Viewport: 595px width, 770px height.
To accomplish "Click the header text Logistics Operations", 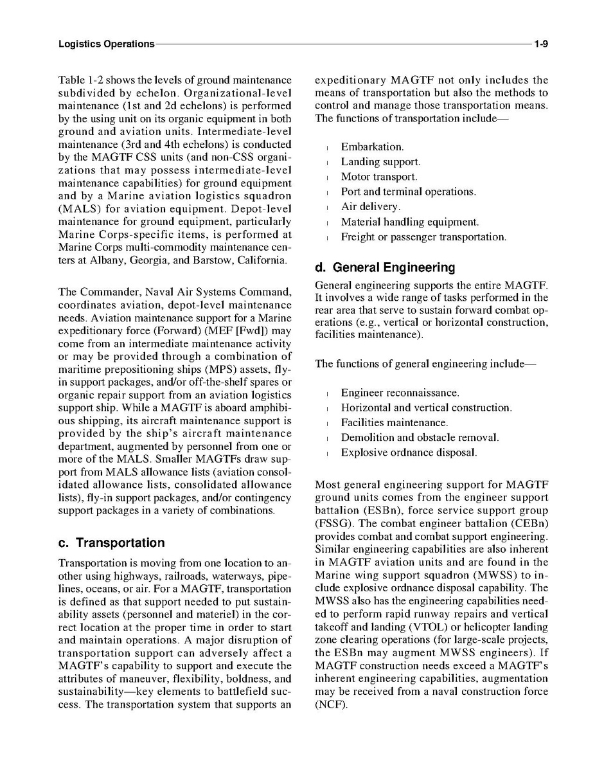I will click(106, 44).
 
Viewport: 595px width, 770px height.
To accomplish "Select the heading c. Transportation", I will click(111, 542).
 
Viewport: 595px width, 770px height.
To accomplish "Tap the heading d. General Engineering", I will click(385, 267).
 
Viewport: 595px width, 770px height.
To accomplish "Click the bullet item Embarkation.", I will click(372, 148).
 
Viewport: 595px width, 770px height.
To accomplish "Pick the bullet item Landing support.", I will click(380, 163).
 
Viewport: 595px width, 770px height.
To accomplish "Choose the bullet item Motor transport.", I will click(379, 177).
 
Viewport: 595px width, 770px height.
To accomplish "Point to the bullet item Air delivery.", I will click(371, 207).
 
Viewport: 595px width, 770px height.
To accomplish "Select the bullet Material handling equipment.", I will click(410, 222).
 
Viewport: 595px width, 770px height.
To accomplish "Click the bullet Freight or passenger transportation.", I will click(423, 237).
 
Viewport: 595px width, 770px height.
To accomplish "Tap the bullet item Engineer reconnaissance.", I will click(400, 393).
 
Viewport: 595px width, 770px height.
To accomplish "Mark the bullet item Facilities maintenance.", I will click(395, 423).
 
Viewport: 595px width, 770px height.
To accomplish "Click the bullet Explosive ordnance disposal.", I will click(409, 452).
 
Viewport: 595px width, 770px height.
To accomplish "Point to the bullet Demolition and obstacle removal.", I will click(420, 438).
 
